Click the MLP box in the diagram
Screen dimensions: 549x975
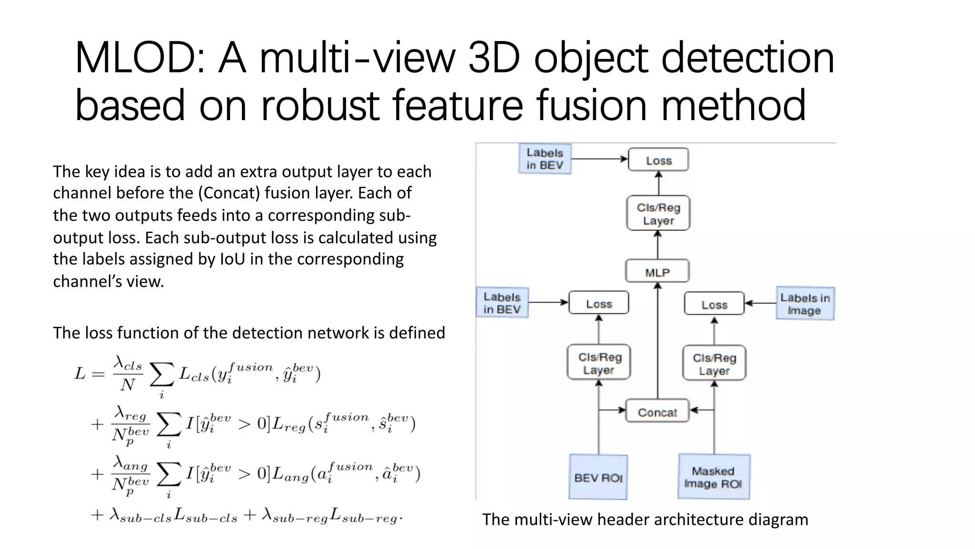657,272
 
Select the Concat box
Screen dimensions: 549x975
657,411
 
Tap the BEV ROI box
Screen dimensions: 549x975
598,477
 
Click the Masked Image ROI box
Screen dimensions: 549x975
714,477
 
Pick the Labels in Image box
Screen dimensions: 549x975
805,304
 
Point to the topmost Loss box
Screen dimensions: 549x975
658,160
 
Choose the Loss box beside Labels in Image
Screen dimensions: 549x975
714,304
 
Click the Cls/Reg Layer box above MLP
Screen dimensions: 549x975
658,213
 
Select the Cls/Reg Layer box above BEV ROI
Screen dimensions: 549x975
599,363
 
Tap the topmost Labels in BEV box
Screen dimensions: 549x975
545,159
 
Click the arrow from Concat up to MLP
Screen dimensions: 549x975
658,341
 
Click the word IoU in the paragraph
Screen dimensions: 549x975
232,259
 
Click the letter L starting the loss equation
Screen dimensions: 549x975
80,374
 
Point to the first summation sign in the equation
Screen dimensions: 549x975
161,375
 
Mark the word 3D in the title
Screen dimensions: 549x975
494,58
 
